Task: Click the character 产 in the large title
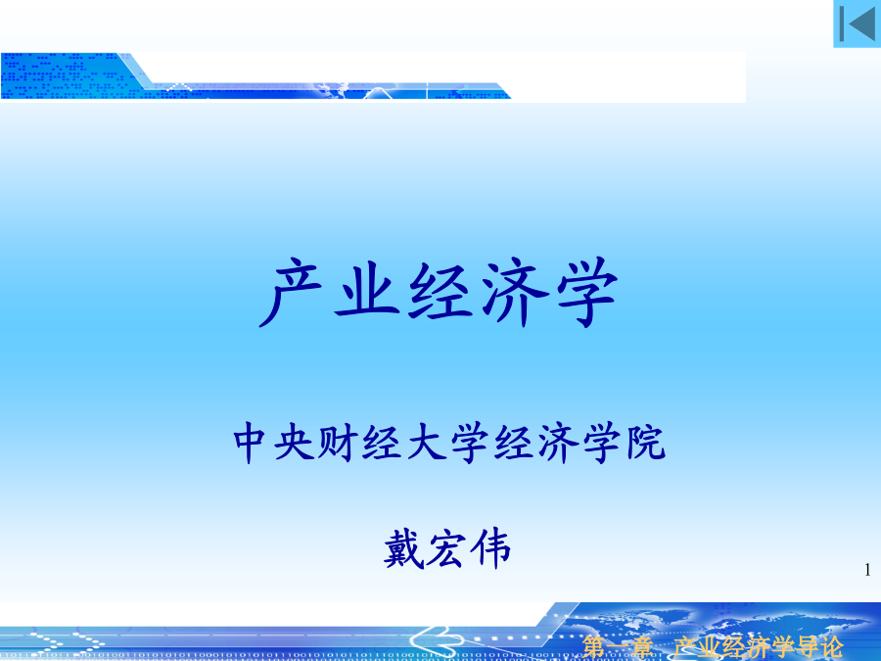pyautogui.click(x=291, y=292)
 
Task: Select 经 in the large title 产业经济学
pyautogui.click(x=439, y=292)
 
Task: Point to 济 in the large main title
pyautogui.click(x=514, y=292)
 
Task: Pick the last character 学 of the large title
pyautogui.click(x=587, y=292)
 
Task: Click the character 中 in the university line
pyautogui.click(x=249, y=444)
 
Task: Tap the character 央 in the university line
pyautogui.click(x=294, y=444)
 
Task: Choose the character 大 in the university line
pyautogui.click(x=426, y=444)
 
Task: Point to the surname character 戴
pyautogui.click(x=404, y=549)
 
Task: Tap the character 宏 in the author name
pyautogui.click(x=446, y=549)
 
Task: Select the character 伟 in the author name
pyautogui.click(x=490, y=549)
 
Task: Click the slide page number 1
pyautogui.click(x=868, y=570)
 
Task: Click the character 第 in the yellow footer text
pyautogui.click(x=593, y=647)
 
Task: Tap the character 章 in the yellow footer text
pyautogui.click(x=641, y=647)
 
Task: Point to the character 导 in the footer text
pyautogui.click(x=807, y=647)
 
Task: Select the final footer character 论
pyautogui.click(x=831, y=647)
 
